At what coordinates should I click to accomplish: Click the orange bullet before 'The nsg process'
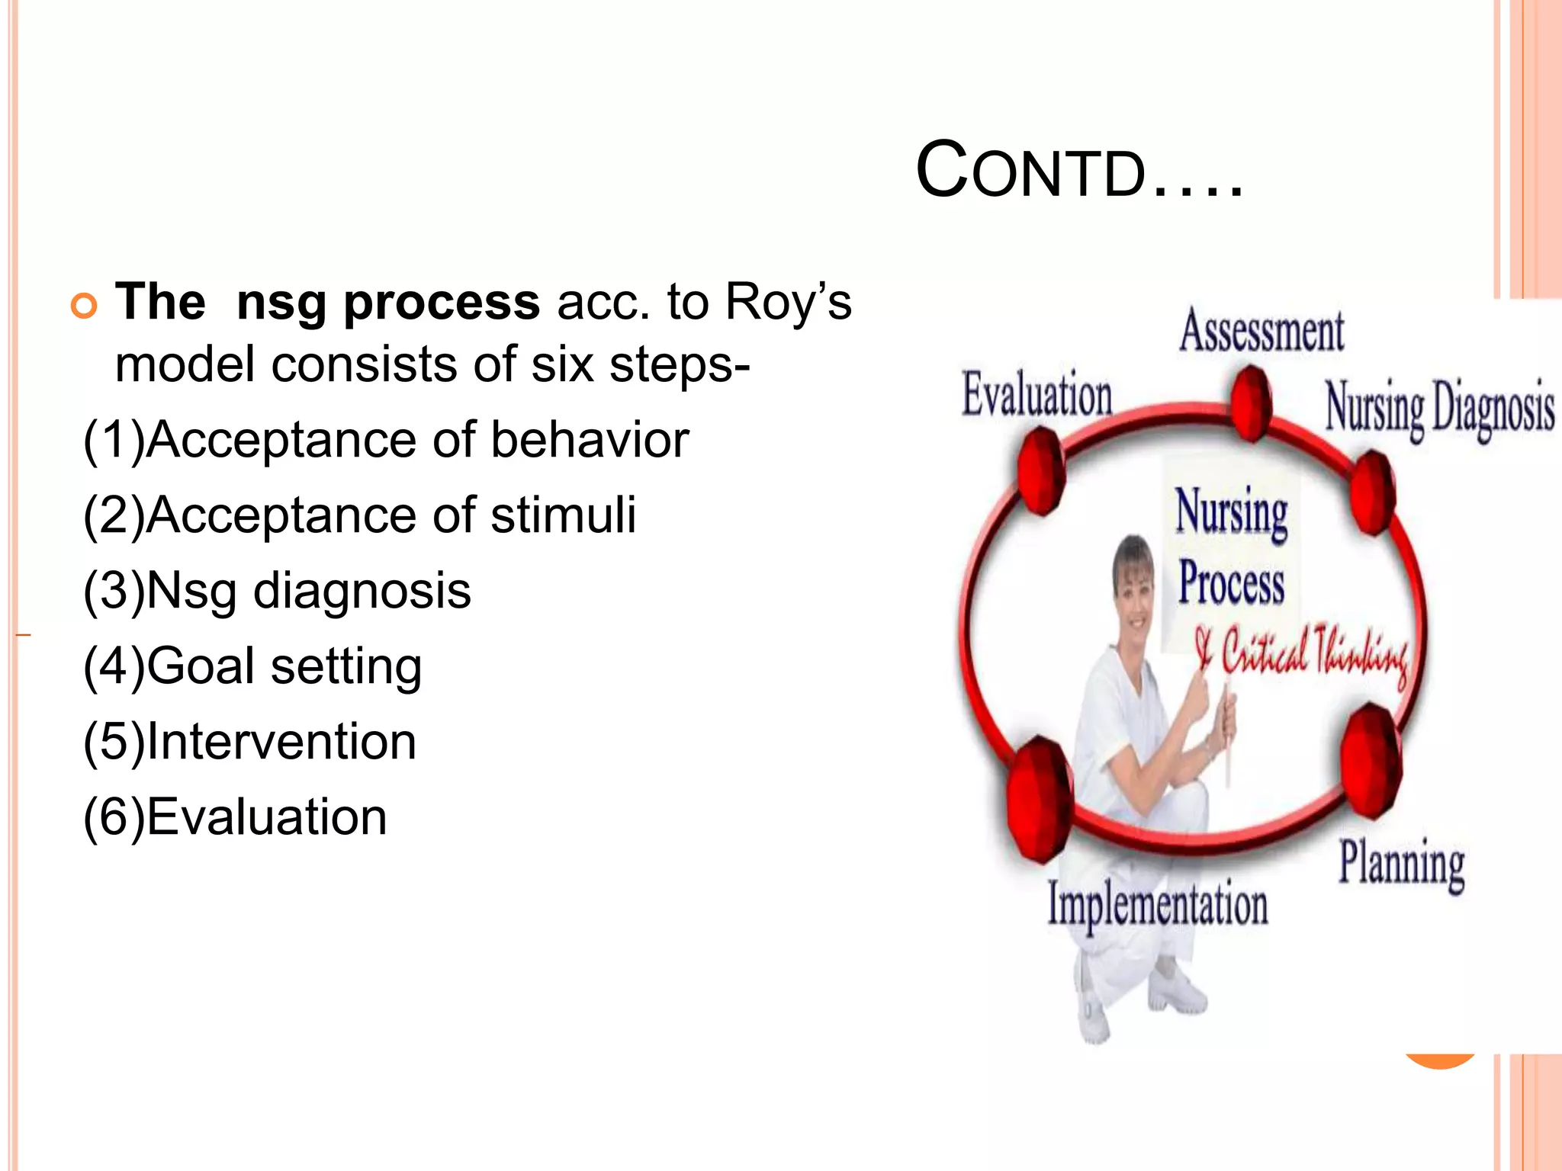coord(84,306)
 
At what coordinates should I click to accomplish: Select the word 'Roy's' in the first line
coord(787,302)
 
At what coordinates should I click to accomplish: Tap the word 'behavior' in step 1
coord(590,440)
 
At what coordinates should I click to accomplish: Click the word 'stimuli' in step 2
coord(563,515)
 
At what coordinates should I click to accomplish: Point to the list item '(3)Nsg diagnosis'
coord(277,591)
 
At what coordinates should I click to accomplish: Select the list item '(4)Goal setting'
coord(252,666)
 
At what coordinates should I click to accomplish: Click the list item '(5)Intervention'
coord(250,742)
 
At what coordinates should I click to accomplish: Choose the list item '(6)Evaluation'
coord(235,817)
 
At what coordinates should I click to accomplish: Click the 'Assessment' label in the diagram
coord(1261,332)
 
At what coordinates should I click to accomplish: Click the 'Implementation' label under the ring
coord(1157,904)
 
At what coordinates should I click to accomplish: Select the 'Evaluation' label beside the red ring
coord(1037,396)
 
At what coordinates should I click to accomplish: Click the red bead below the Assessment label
coord(1251,403)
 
